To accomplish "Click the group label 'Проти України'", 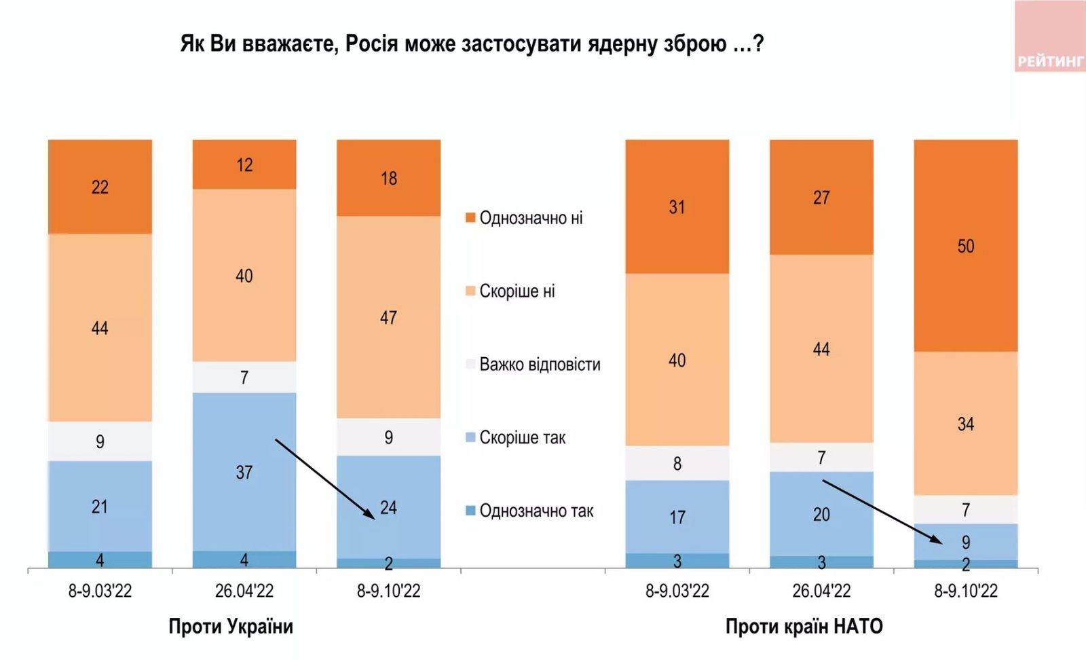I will coord(231,626).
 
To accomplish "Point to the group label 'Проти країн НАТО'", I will coord(804,626).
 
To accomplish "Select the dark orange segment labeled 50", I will coord(965,246).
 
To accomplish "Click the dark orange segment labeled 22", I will coord(100,187).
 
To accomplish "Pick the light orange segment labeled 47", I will coord(388,317).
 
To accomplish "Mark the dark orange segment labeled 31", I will coord(677,207).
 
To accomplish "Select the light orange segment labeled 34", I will coord(965,424).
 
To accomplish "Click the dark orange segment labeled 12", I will coord(244,165).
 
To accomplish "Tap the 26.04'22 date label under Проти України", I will coord(244,591).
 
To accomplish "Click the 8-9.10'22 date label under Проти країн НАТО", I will coord(965,591).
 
